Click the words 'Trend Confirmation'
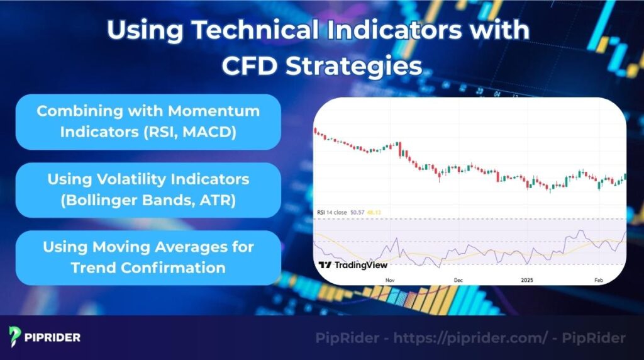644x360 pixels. pos(148,267)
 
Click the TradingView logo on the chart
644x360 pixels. pos(344,265)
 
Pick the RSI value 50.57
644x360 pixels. pos(357,213)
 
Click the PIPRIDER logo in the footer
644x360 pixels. pos(45,337)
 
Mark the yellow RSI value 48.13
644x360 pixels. pos(374,213)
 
